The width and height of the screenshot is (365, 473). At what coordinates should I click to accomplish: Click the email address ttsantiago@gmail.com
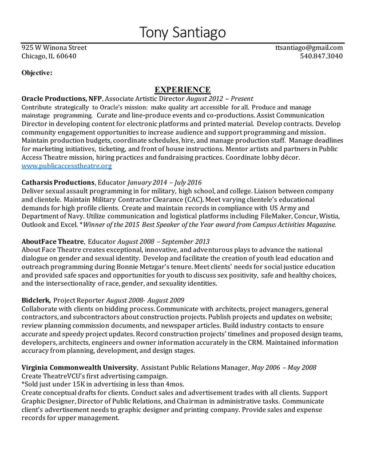(309, 48)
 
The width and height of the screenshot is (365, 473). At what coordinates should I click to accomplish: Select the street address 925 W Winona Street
(54, 48)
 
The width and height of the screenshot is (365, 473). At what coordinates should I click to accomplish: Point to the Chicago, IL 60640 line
(48, 57)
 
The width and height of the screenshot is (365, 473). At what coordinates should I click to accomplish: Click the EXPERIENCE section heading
(182, 89)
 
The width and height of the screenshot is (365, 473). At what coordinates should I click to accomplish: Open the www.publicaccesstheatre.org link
(66, 166)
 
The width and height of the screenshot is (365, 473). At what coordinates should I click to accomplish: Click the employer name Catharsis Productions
(58, 182)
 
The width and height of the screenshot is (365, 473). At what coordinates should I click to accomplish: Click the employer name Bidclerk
(35, 300)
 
